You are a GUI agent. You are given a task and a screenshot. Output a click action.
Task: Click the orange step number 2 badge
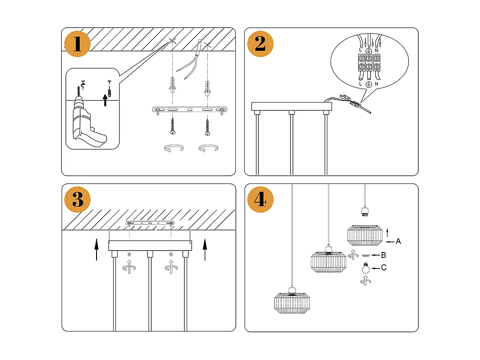260,44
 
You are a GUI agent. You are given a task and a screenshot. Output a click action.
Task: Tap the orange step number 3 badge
77,200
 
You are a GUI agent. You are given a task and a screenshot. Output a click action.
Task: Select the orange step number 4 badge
260,200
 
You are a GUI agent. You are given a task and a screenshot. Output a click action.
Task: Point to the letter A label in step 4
398,241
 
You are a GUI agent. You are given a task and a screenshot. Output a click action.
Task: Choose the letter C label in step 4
383,267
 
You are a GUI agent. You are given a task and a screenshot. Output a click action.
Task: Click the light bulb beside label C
366,268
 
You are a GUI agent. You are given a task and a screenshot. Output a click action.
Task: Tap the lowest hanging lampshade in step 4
291,304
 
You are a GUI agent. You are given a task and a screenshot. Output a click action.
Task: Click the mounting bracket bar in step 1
189,110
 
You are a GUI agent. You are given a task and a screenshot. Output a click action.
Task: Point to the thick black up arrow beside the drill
106,100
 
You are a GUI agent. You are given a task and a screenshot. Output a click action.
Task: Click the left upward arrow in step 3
97,249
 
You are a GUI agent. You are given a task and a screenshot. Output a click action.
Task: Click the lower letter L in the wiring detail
360,84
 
